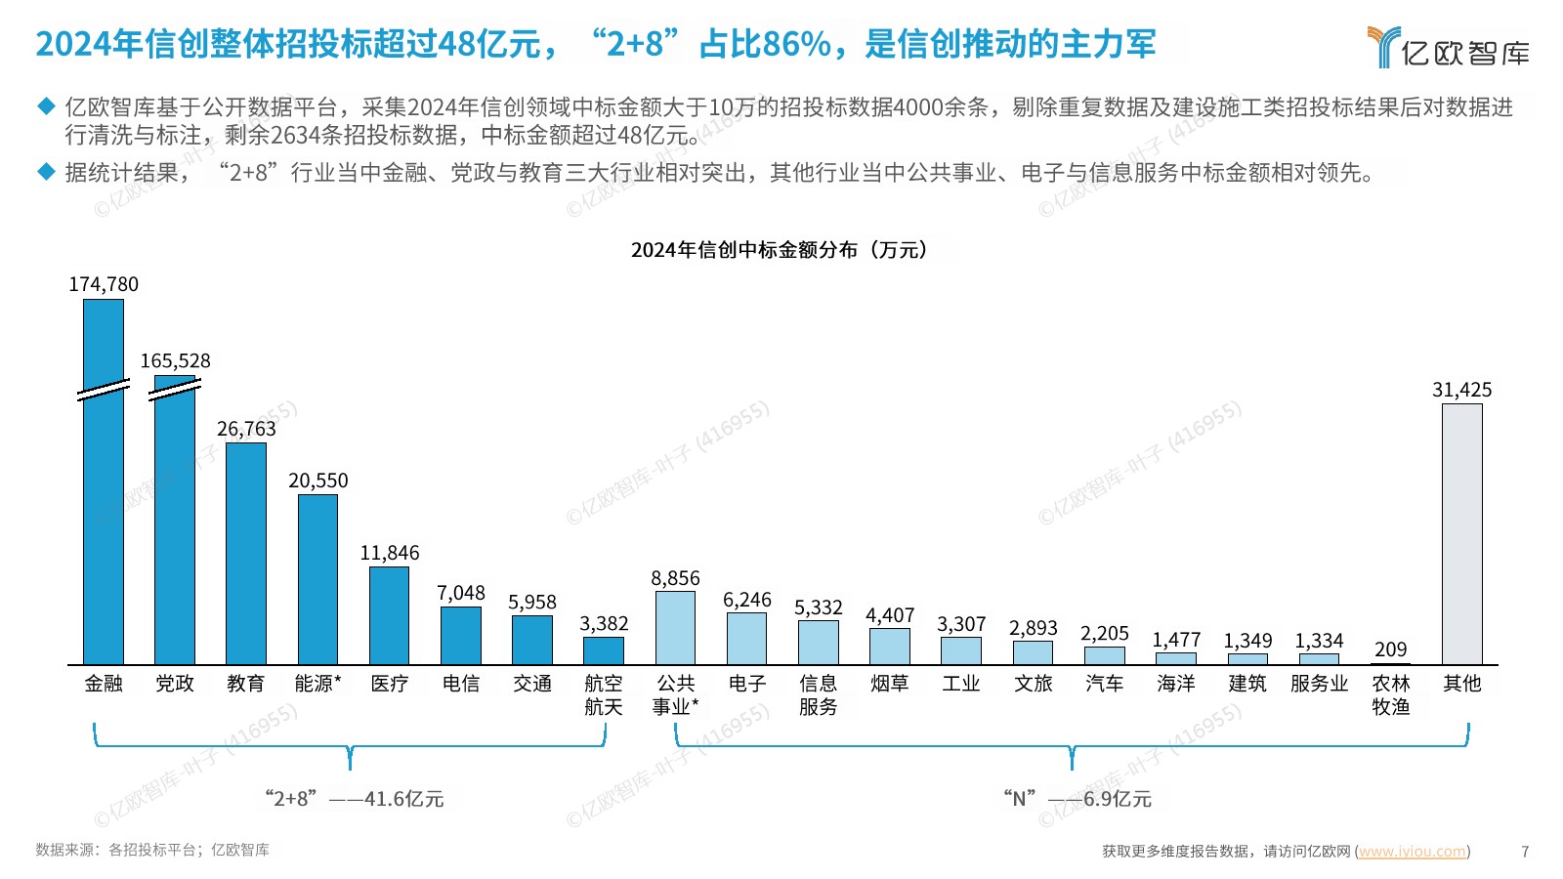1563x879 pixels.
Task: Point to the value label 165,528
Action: tap(175, 361)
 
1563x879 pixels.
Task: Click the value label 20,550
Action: tap(317, 481)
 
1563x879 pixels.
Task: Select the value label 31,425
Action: tap(1461, 391)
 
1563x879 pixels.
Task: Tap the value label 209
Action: tap(1390, 649)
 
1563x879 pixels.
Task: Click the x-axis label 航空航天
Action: tap(604, 694)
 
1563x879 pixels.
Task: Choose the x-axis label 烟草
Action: tap(889, 684)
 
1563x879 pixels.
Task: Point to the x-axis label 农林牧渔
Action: tap(1390, 694)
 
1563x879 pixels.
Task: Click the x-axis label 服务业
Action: tap(1319, 684)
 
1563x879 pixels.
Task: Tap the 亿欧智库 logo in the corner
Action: tap(1449, 47)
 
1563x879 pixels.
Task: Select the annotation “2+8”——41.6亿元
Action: tap(354, 799)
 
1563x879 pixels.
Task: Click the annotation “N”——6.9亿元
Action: tap(1077, 799)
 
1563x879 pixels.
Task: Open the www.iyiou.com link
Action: tap(1413, 851)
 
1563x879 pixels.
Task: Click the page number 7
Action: tap(1525, 851)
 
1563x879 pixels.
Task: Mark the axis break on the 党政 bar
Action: tap(175, 390)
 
